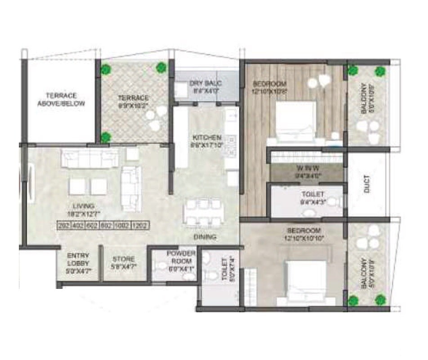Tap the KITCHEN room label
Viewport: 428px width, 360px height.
coord(207,138)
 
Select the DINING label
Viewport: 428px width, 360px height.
coord(205,237)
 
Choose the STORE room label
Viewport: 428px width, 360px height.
coord(123,259)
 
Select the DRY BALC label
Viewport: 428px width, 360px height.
coord(205,83)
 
